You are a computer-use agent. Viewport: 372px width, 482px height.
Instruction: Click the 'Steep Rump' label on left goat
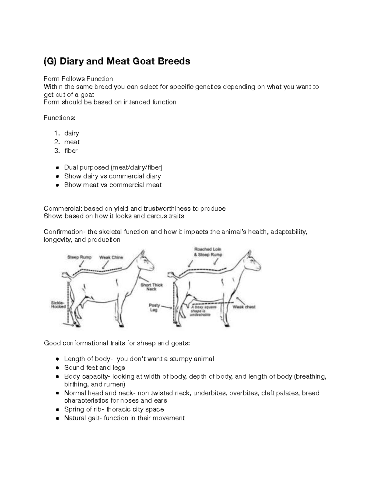tap(79, 257)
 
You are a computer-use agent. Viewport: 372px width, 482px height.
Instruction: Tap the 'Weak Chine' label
tap(111, 257)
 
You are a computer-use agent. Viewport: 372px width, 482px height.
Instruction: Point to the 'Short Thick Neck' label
tap(152, 287)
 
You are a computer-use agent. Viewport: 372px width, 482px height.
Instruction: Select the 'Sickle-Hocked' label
tap(58, 304)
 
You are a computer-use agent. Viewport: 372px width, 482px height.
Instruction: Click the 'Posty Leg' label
tap(154, 308)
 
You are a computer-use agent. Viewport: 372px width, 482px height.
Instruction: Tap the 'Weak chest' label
tap(244, 307)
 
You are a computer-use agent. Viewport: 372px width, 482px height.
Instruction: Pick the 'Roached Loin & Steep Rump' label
tap(208, 252)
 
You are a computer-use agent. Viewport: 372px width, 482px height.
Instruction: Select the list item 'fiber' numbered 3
tap(71, 151)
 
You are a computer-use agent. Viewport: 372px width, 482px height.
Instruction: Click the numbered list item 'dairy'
tap(72, 133)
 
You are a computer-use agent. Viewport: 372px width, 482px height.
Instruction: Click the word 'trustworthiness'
tap(170, 209)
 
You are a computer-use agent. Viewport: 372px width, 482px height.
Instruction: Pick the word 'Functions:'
tap(59, 118)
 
